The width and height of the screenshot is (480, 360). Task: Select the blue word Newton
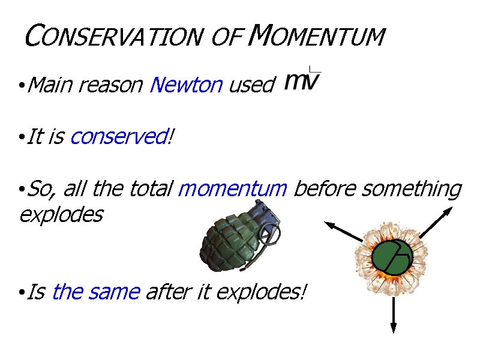pos(186,85)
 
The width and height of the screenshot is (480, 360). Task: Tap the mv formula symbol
pos(302,81)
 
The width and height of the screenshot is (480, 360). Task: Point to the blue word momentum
pos(233,189)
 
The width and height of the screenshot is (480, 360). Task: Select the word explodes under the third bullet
pos(61,214)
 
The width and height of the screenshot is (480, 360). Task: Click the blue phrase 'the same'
pos(96,293)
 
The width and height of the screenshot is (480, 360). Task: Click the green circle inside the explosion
pos(392,257)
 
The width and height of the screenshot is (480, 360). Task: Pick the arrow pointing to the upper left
pos(344,232)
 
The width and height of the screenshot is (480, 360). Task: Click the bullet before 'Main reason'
pos(21,86)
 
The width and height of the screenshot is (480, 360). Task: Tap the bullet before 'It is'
pos(21,138)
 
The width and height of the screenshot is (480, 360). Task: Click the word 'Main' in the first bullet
pos(50,85)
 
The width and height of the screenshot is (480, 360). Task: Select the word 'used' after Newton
pos(251,85)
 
